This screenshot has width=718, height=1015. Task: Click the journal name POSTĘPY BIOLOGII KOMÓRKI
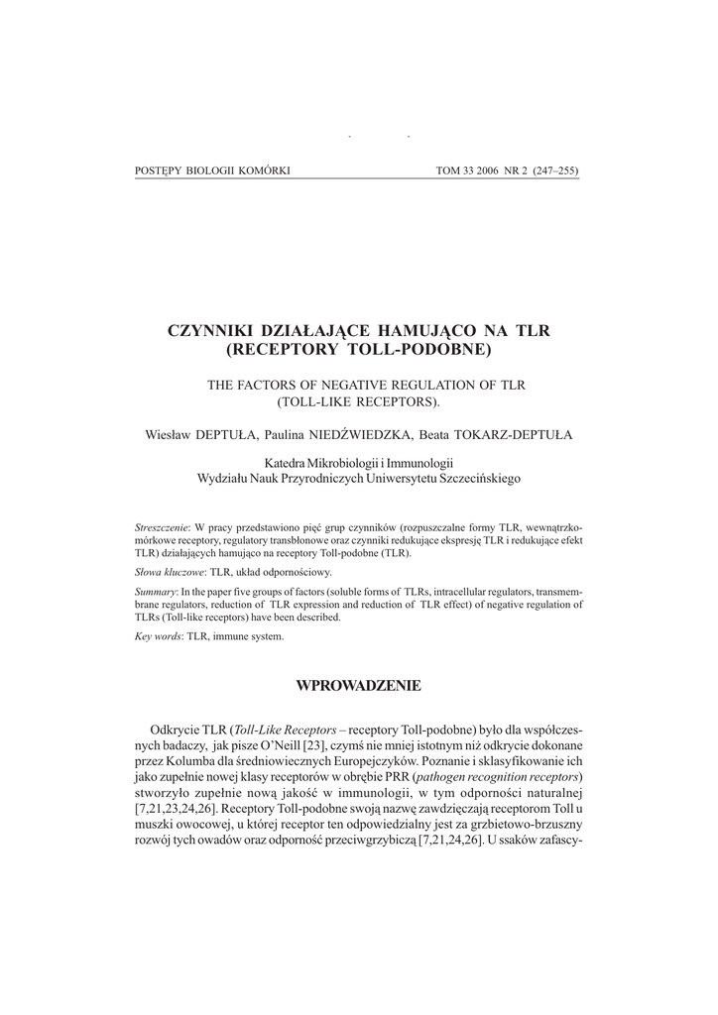coord(211,170)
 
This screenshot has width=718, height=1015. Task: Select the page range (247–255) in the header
coord(555,170)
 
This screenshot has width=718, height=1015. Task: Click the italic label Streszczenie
coord(161,525)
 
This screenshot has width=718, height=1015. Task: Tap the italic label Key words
coord(157,635)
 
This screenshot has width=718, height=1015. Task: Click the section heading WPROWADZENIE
coord(359,685)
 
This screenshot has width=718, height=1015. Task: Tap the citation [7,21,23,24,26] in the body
coord(176,810)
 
